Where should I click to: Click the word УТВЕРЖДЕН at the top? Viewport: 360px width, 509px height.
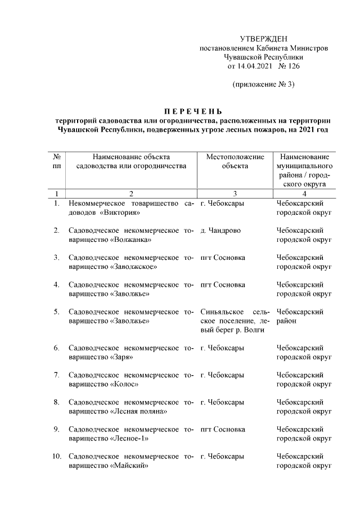tap(263, 39)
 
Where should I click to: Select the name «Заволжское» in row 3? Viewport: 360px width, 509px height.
tap(134, 267)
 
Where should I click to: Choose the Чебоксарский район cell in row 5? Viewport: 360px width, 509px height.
tap(300, 317)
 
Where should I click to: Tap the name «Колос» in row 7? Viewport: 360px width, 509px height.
tap(125, 384)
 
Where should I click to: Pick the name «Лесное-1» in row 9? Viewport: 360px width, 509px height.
tap(132, 438)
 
